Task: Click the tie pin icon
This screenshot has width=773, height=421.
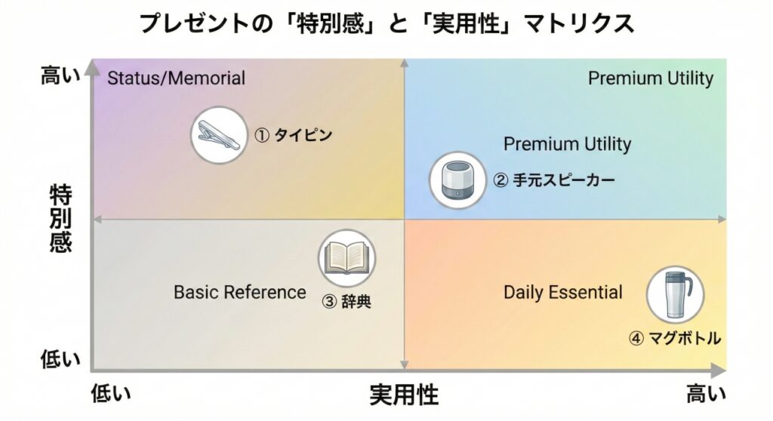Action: tap(219, 136)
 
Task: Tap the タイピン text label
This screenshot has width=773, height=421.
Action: tap(293, 136)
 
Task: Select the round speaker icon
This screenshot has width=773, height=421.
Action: tap(457, 180)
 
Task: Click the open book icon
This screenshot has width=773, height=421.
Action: tap(346, 257)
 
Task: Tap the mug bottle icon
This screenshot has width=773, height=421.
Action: tap(675, 294)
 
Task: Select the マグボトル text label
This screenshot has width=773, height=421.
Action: tap(675, 339)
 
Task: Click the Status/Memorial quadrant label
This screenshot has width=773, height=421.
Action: tap(177, 78)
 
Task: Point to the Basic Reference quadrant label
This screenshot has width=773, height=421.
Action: tap(240, 292)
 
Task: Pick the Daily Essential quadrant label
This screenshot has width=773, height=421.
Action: tap(563, 292)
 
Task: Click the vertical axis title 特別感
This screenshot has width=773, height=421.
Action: tap(60, 218)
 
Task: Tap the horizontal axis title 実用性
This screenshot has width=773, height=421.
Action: tap(404, 395)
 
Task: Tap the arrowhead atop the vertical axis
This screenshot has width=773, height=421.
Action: tap(91, 65)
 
